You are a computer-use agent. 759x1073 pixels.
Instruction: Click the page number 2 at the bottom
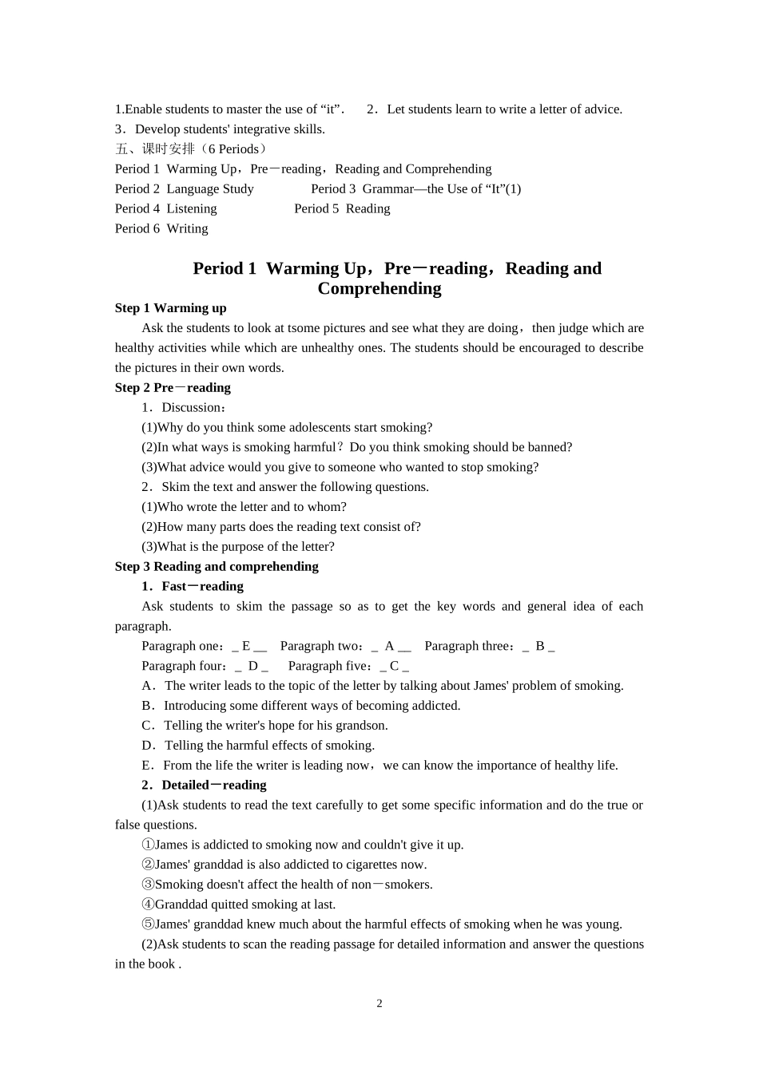coord(379,1004)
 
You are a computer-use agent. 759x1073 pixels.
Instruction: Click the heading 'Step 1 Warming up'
coord(170,308)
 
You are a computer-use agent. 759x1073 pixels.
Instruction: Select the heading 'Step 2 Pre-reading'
coord(173,388)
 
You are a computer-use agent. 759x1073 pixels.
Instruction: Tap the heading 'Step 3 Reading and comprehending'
coord(217,567)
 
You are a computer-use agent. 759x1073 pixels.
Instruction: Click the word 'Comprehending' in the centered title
coord(379,289)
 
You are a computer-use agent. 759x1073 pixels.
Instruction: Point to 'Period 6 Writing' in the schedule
coord(161,228)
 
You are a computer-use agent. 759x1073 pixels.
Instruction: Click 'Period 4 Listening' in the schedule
coord(165,208)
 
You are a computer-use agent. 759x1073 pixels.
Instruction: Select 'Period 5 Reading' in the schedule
coord(342,208)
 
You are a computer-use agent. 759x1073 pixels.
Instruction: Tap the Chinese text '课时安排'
coord(168,149)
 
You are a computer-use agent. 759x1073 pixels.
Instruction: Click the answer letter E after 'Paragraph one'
coord(246,646)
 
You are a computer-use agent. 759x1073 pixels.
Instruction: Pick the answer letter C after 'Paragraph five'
coord(394,666)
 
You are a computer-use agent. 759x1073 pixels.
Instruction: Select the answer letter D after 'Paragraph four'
coord(252,666)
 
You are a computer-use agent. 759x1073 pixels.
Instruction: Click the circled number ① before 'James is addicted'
coord(148,845)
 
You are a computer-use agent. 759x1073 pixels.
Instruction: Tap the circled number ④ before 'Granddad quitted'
coord(148,905)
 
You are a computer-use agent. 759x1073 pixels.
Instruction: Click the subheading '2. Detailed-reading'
coord(204,786)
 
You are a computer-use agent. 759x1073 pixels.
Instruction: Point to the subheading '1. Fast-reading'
coord(193,587)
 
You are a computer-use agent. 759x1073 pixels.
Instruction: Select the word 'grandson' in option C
coord(360,726)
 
